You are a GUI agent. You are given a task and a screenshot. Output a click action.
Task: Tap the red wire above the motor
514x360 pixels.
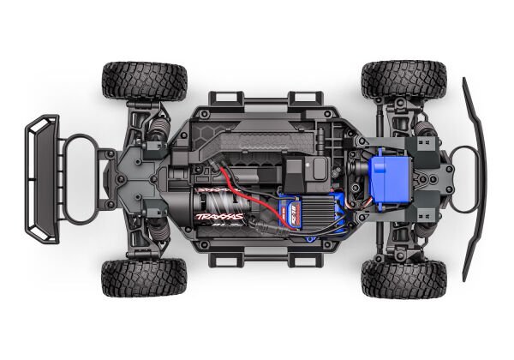230,179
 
